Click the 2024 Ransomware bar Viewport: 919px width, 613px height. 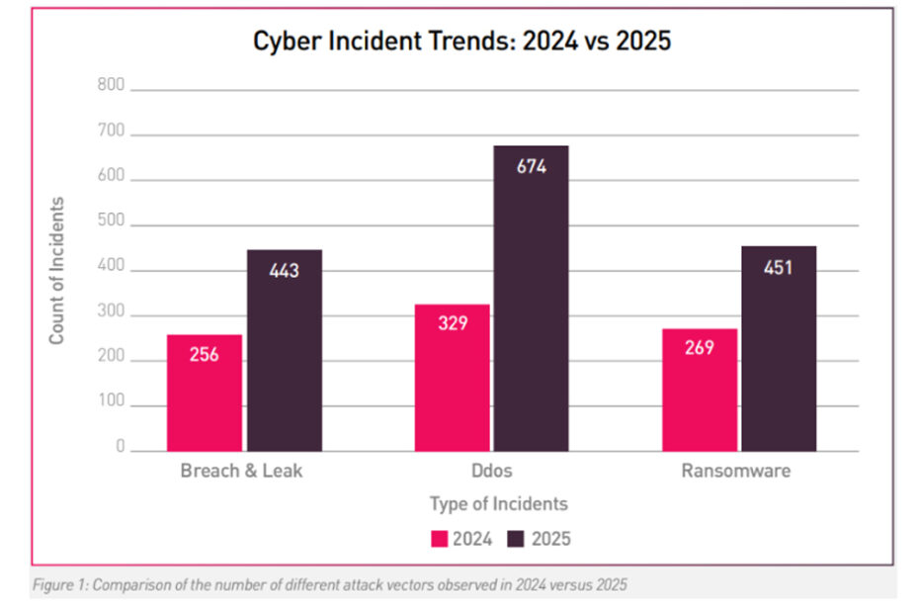[700, 390]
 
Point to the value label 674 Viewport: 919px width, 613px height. [532, 166]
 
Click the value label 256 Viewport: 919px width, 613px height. [205, 353]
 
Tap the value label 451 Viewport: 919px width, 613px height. [780, 267]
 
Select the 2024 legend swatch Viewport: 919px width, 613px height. [439, 539]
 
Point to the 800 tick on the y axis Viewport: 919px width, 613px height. [112, 86]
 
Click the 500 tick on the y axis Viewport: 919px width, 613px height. [112, 224]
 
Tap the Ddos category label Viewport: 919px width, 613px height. [491, 471]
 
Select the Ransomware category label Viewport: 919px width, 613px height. [736, 471]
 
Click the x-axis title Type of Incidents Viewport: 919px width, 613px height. [499, 504]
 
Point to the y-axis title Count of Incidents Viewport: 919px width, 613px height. [57, 270]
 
